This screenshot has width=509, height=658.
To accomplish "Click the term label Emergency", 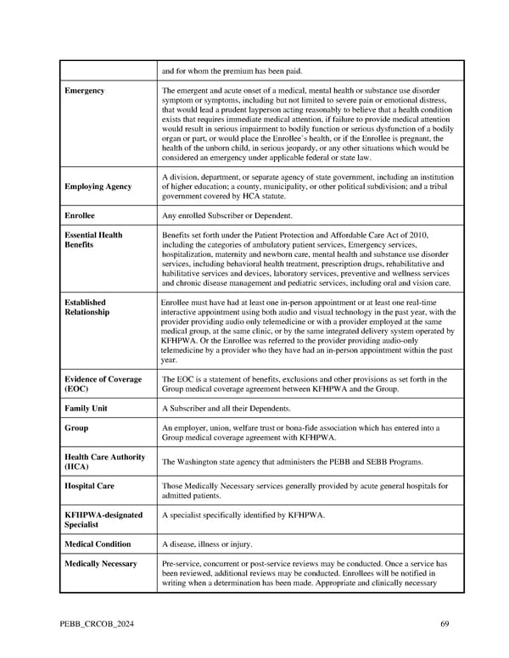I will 84,91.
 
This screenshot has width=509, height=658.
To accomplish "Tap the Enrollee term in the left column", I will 81,215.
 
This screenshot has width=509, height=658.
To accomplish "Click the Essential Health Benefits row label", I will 93,240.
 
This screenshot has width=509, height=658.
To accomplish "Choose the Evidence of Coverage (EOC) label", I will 103,384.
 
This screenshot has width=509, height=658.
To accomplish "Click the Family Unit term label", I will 87,409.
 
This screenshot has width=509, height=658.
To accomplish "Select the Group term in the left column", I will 76,428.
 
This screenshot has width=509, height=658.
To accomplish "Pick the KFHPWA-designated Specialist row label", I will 103,519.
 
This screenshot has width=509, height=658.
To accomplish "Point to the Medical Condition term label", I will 98,544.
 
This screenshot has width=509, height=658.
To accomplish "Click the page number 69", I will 445,624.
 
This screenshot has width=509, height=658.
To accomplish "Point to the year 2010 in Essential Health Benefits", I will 418,235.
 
